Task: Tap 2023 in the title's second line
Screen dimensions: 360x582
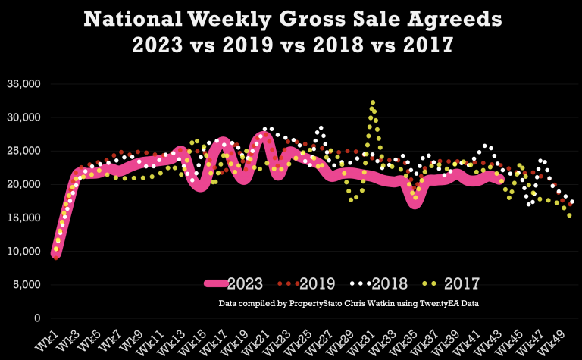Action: [161, 45]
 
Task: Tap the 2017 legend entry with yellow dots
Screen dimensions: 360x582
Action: [451, 284]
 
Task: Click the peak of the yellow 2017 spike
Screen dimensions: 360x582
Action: [373, 102]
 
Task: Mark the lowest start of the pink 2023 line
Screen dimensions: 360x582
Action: [55, 255]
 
